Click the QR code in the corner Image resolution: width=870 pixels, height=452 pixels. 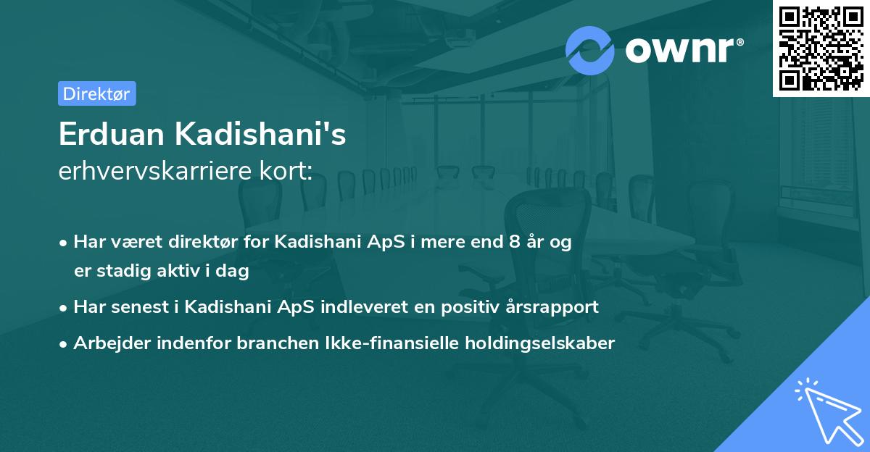[x=821, y=49]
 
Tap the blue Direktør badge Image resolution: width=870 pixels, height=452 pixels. [x=96, y=93]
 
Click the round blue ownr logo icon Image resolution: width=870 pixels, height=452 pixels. [x=590, y=50]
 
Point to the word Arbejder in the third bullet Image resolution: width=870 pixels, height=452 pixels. [x=107, y=343]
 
